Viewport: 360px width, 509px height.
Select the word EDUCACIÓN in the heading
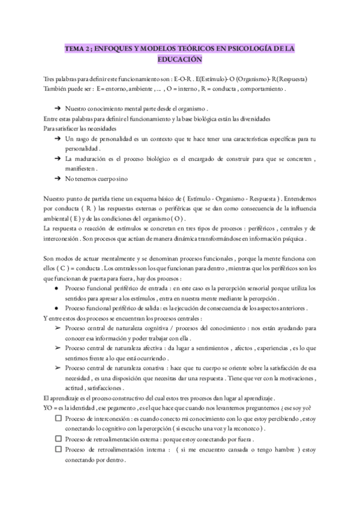tap(180, 60)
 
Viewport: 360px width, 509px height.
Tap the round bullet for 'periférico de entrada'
tap(56, 288)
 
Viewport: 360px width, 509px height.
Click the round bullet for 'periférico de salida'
tap(56, 308)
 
